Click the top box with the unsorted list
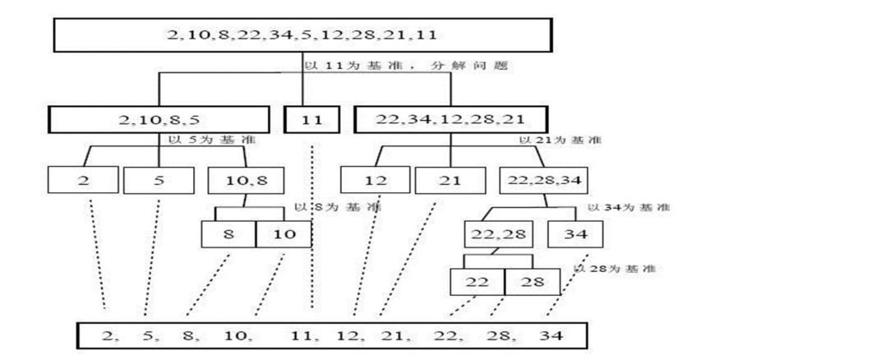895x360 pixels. pos(301,35)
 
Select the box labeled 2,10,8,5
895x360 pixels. pos(159,120)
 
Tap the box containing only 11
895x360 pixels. pos(311,120)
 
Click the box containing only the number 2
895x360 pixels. pos(84,180)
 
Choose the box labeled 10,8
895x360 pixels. pos(239,180)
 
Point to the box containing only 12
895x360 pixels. pos(375,180)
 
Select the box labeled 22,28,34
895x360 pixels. pos(538,180)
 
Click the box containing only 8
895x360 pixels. pos(228,234)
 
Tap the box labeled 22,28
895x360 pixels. pos(497,234)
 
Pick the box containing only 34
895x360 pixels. pos(574,234)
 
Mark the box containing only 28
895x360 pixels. pos(531,282)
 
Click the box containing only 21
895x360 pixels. pos(450,180)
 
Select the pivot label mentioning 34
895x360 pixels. pos(629,207)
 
